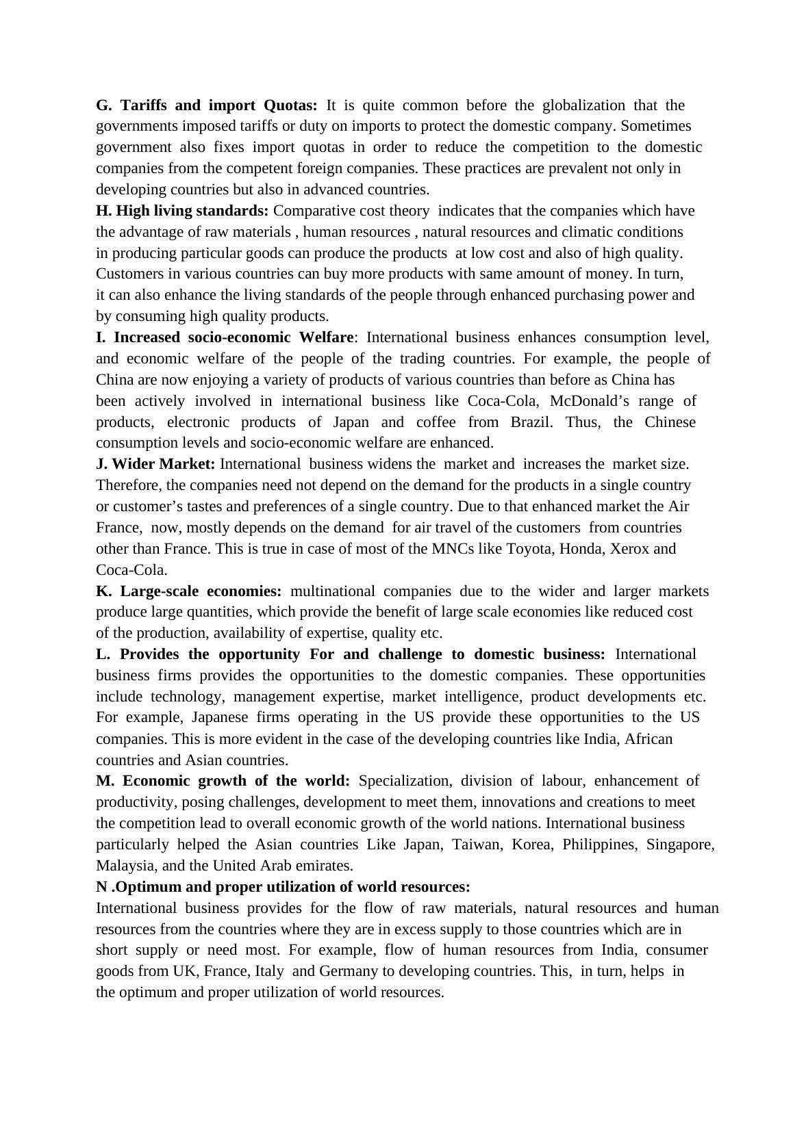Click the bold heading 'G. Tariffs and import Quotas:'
tap(206, 105)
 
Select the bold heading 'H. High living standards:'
tap(182, 211)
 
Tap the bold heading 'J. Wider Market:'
tap(155, 464)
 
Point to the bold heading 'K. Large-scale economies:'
tap(188, 591)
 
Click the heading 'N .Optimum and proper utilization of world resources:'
tap(283, 887)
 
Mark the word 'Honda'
tap(582, 549)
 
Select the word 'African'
tap(649, 739)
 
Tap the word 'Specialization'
tap(405, 782)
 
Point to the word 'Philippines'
tap(599, 845)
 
